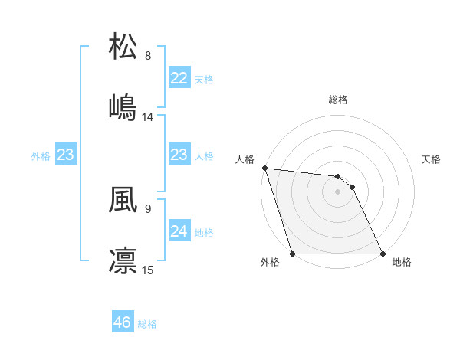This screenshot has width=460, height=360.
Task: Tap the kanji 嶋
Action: point(123,107)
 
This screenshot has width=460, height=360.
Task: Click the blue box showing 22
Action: point(179,78)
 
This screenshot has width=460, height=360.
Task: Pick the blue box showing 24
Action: point(179,231)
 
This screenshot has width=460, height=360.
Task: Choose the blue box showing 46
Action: point(123,323)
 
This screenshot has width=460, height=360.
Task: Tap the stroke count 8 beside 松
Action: point(148,56)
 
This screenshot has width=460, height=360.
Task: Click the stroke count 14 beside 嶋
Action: point(148,117)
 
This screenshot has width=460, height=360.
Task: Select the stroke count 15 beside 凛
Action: point(148,270)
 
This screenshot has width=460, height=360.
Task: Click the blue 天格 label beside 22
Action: point(204,80)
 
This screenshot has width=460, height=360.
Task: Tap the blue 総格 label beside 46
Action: point(147,324)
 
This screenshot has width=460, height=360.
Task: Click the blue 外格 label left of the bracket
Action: point(41,156)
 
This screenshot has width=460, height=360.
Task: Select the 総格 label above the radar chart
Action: point(338,100)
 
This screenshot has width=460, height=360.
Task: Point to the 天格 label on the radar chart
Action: point(432,159)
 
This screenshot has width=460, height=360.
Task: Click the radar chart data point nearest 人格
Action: point(264,168)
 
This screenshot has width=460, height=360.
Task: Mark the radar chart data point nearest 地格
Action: point(382,254)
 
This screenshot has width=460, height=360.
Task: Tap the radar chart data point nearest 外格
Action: point(293,254)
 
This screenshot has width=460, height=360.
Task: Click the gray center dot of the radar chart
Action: point(337,191)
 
